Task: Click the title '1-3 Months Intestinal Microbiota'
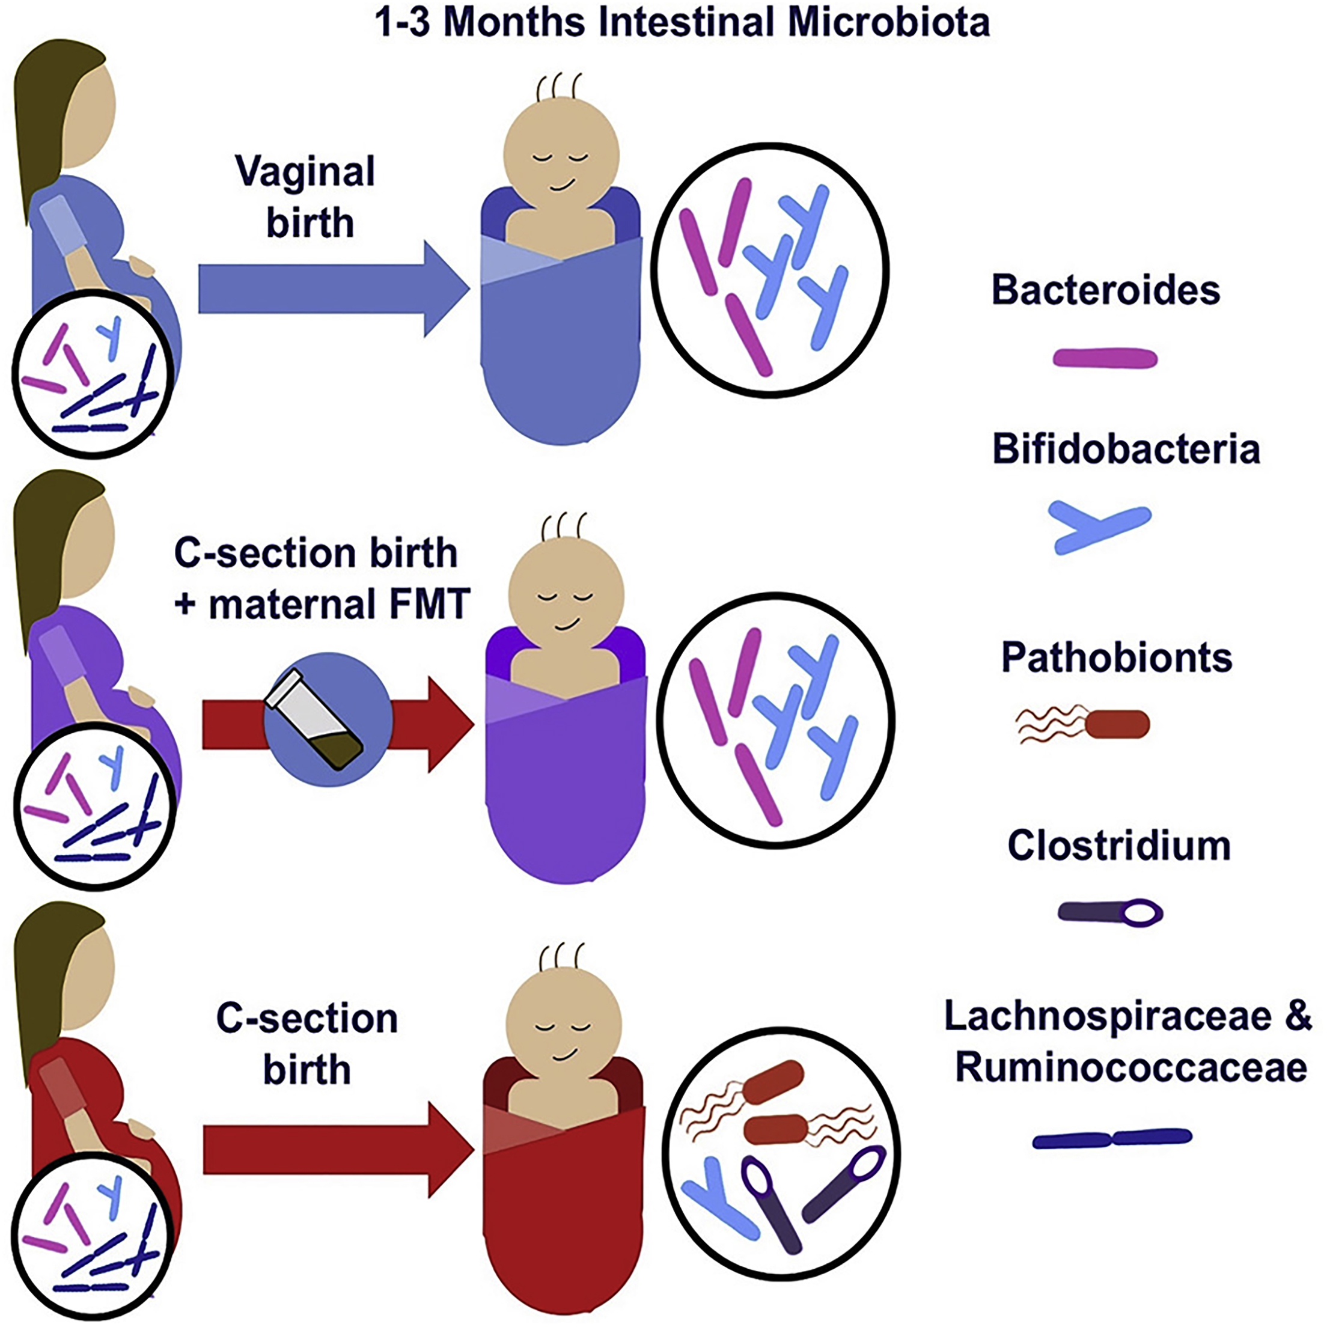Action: pos(682,22)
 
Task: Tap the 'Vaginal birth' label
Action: pos(307,197)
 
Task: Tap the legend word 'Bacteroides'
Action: pos(1105,290)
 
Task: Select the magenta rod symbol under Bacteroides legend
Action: pos(1105,358)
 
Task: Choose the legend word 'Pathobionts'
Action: pos(1117,657)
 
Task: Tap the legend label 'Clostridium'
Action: pos(1119,846)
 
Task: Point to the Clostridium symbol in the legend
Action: pos(1110,912)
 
